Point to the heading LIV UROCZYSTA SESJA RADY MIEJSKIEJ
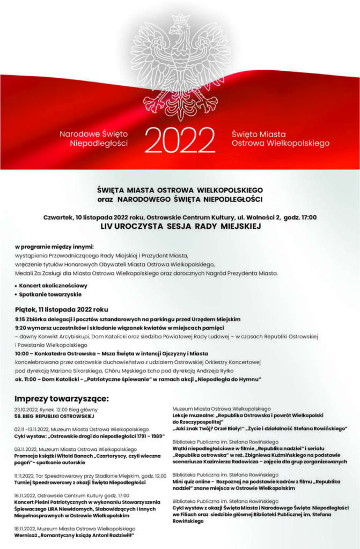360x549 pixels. pyautogui.click(x=180, y=227)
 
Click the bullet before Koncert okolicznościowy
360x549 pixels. pyautogui.click(x=16, y=286)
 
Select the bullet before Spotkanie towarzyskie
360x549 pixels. pyautogui.click(x=16, y=295)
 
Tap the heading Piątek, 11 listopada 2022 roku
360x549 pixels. pyautogui.click(x=62, y=309)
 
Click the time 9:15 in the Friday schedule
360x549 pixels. pyautogui.click(x=20, y=319)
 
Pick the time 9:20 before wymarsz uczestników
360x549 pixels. pyautogui.click(x=20, y=328)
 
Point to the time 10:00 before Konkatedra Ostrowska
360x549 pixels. pyautogui.click(x=23, y=353)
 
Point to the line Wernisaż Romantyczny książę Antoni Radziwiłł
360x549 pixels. pyautogui.click(x=74, y=535)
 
